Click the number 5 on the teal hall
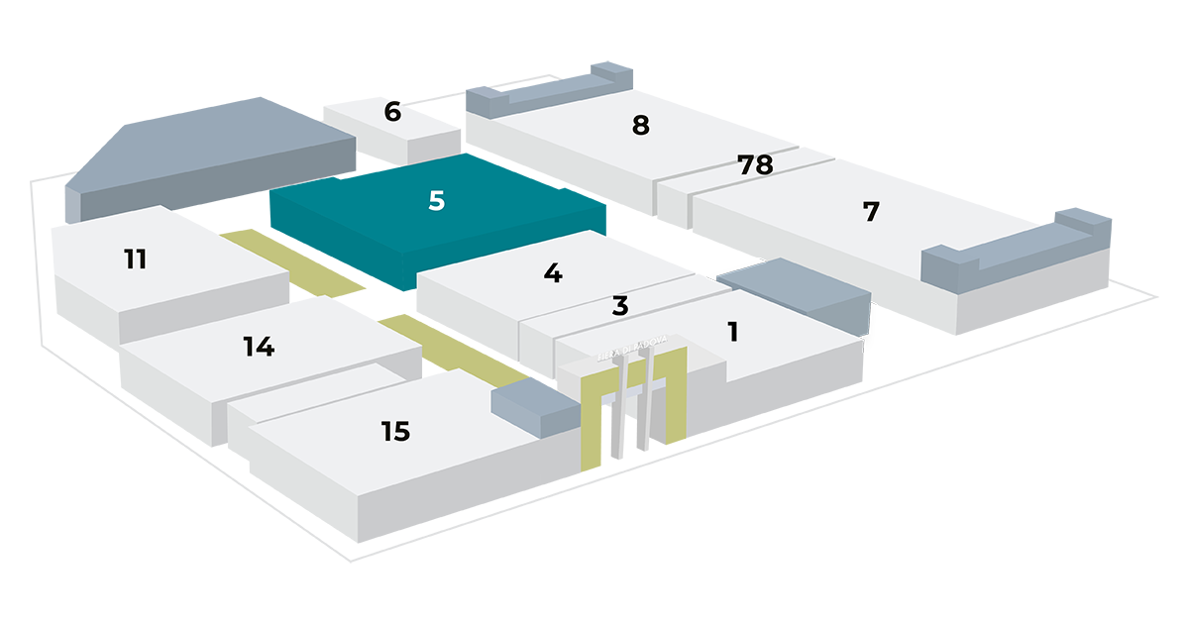(437, 201)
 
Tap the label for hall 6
(392, 112)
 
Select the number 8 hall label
(640, 126)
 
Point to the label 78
(756, 165)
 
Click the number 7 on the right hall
(871, 212)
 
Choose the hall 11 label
(136, 260)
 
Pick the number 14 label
(259, 347)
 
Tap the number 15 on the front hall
(395, 432)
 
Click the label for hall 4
(553, 273)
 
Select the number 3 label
(620, 306)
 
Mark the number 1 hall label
(732, 332)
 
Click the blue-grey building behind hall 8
(555, 84)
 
